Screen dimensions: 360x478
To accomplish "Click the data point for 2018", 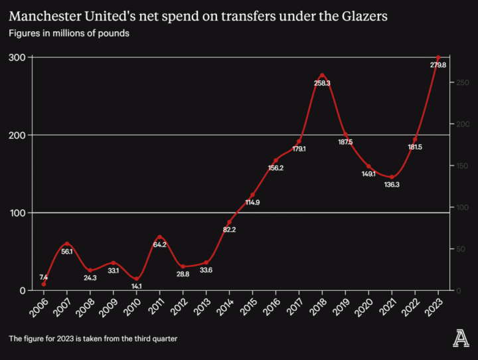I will pos(322,76).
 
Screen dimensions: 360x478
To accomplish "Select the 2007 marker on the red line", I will pos(67,244).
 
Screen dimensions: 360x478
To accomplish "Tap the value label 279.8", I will pos(438,65).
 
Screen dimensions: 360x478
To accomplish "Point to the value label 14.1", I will pos(137,287).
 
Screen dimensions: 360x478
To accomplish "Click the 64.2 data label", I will pos(159,244).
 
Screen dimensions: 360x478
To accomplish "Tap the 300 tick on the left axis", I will pos(17,58).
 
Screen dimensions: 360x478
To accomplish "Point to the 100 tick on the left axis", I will pos(17,213).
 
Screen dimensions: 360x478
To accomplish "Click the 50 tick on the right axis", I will pos(461,249).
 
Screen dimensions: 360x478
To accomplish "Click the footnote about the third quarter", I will pos(93,339).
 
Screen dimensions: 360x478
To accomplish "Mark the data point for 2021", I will pos(392,177).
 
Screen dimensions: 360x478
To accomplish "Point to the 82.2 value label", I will pos(230,230).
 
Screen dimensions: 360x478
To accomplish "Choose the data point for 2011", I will pos(159,237).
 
